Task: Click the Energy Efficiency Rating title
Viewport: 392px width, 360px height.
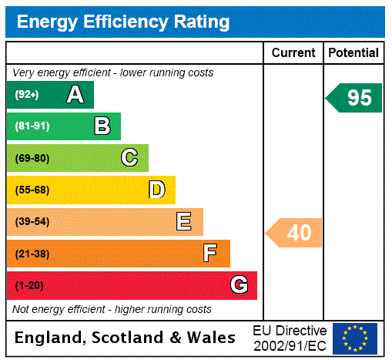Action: click(x=122, y=22)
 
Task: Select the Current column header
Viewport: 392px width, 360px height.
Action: click(x=293, y=53)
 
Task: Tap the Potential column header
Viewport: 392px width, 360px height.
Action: click(x=353, y=53)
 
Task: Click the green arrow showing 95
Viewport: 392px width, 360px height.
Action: click(x=355, y=98)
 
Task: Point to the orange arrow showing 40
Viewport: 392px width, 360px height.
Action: click(x=295, y=232)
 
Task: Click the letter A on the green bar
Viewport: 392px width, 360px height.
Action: click(x=75, y=95)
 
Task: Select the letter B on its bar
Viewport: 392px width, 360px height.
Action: click(x=102, y=126)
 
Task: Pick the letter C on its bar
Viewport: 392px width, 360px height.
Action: click(x=129, y=158)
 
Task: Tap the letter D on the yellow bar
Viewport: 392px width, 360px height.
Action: click(x=156, y=190)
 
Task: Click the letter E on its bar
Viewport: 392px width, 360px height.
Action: click(x=184, y=222)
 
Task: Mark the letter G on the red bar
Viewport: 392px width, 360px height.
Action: click(x=239, y=286)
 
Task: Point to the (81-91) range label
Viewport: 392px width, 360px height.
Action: click(x=32, y=126)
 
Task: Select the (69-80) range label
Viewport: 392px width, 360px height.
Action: click(x=32, y=158)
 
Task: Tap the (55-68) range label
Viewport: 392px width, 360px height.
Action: click(x=32, y=190)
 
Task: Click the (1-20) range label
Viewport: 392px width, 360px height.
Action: click(x=29, y=286)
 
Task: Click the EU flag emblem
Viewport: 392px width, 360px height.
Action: click(x=355, y=338)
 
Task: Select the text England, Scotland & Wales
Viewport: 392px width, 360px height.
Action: click(x=125, y=338)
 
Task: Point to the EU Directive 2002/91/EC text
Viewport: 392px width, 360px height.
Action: click(x=290, y=338)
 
